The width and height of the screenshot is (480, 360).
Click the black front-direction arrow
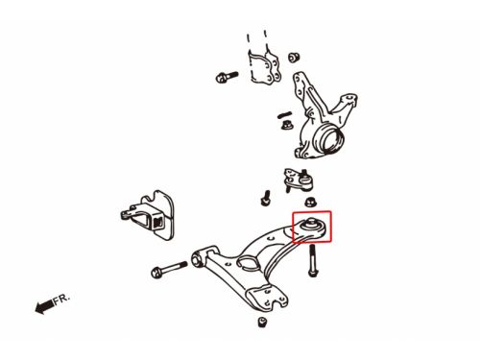tap(44, 306)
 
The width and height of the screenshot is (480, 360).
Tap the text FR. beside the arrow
tap(61, 299)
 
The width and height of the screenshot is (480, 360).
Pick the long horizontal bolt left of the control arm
tap(169, 269)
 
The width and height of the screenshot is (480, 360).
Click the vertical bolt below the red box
tap(312, 260)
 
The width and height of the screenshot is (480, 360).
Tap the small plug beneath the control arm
tap(262, 322)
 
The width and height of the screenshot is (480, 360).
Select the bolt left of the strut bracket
tap(227, 77)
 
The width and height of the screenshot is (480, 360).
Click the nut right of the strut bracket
tap(294, 58)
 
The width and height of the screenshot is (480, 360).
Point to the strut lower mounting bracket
tap(264, 65)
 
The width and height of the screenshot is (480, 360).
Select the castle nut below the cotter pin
tap(287, 125)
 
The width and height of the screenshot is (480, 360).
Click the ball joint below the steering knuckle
tap(299, 180)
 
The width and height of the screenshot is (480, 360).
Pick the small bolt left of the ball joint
tap(266, 198)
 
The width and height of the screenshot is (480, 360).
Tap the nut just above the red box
tap(310, 202)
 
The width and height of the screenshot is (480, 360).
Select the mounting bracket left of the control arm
tap(147, 215)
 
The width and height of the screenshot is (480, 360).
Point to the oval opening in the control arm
tap(248, 262)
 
